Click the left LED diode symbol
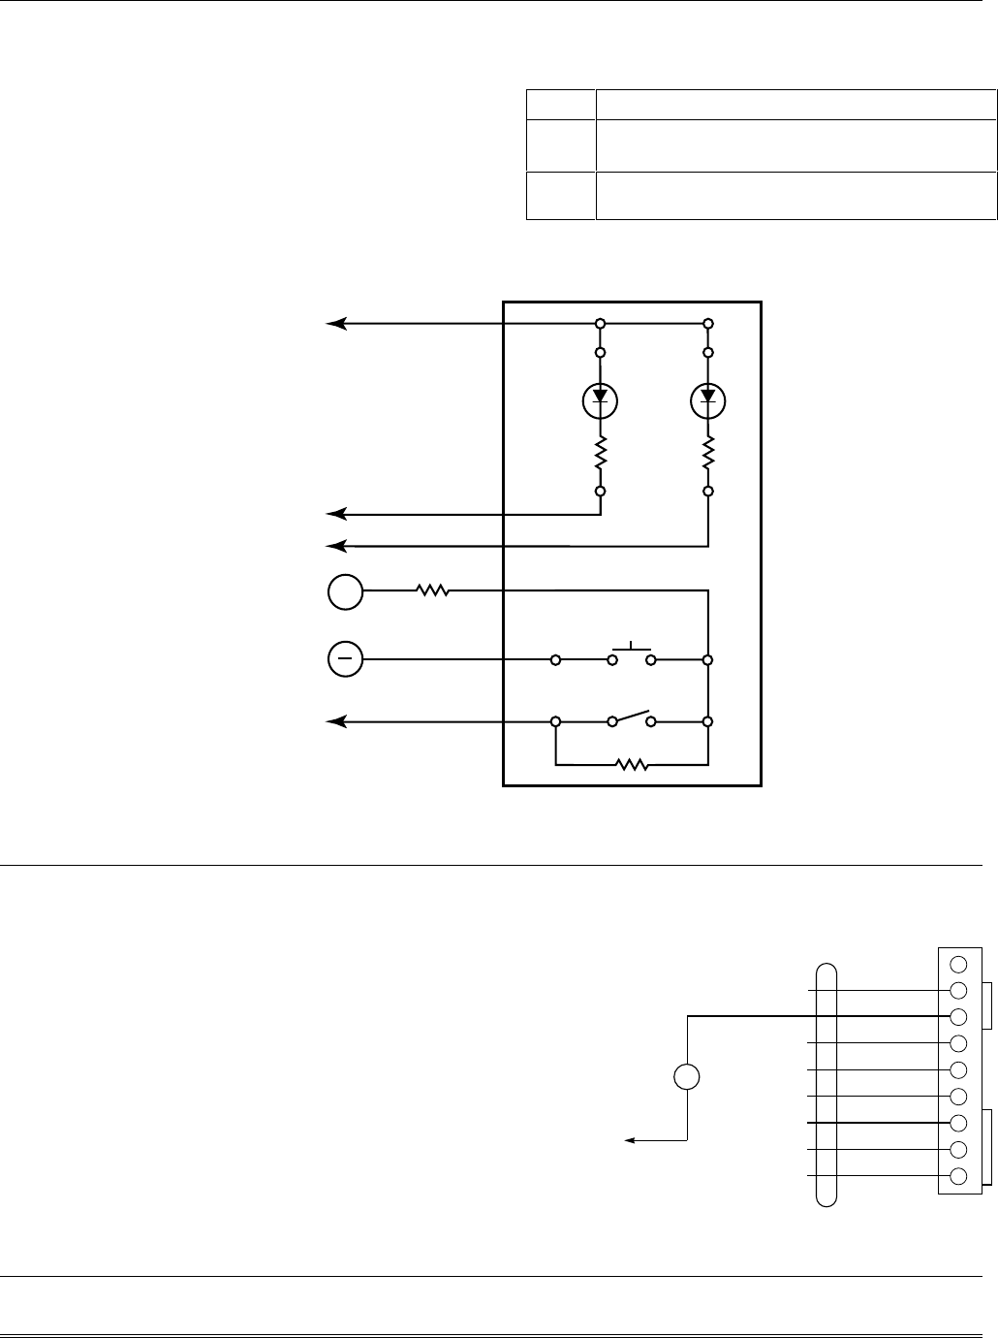(x=601, y=398)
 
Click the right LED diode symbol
(x=708, y=398)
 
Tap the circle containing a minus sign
(x=345, y=659)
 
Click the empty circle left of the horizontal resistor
(x=345, y=591)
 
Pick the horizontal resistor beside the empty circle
(x=433, y=589)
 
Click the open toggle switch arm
(x=632, y=718)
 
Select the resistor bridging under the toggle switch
(x=633, y=765)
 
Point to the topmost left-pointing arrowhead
(x=335, y=323)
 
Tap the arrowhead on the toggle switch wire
(x=335, y=722)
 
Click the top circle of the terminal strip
(x=959, y=965)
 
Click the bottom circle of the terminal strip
(x=959, y=1177)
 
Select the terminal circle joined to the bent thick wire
(x=959, y=1017)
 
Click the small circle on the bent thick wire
(x=687, y=1076)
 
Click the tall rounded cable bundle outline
(x=826, y=1085)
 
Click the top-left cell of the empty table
(x=560, y=104)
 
